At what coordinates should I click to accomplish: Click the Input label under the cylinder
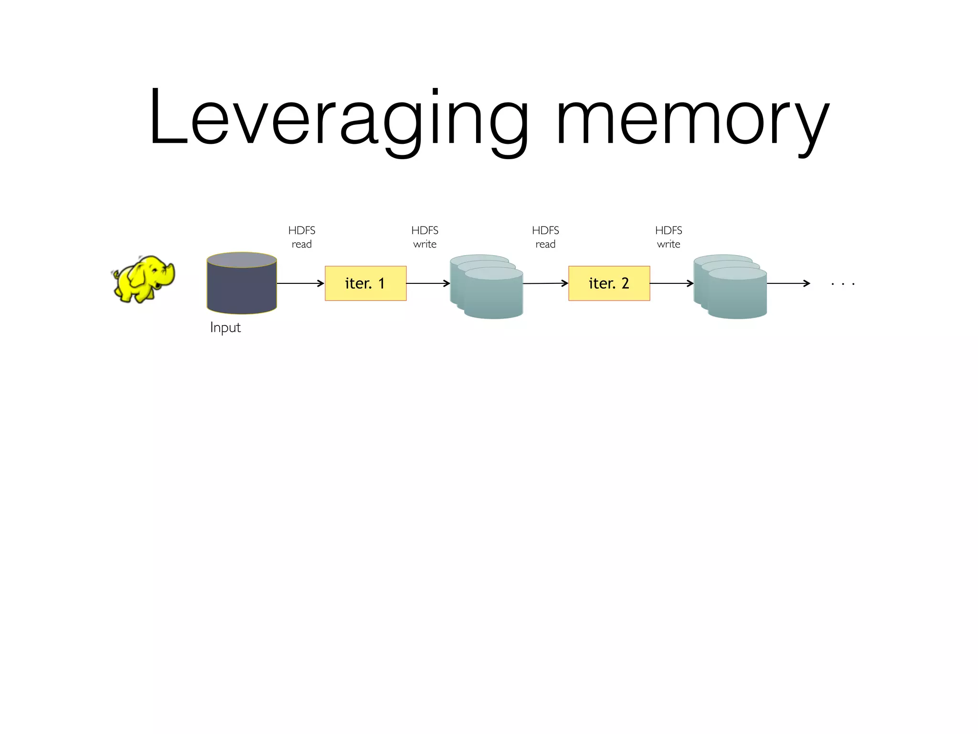225,327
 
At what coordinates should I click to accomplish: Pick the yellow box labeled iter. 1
365,283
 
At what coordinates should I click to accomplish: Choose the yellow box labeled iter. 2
609,283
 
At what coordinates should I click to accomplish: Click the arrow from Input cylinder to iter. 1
300,283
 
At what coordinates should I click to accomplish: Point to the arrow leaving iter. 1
428,283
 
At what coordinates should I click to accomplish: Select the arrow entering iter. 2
545,283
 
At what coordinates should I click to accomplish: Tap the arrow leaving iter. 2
671,283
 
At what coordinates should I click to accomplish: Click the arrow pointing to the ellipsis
788,283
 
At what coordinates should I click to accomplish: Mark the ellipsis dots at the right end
843,284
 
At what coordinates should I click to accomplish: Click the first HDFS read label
302,237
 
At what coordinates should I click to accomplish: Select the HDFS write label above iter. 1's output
425,237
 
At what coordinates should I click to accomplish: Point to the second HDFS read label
545,237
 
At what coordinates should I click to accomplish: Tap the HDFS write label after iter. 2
669,237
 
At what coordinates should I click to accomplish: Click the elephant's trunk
170,275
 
